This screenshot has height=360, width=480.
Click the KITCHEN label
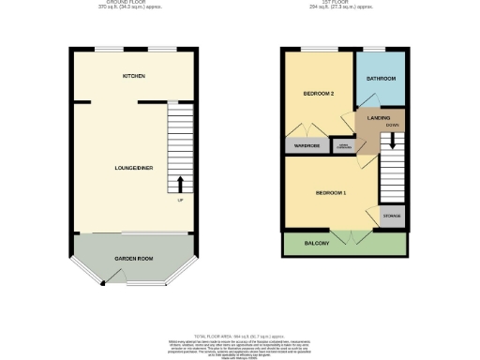[x=133, y=75]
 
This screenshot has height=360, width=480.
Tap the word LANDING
[x=380, y=117]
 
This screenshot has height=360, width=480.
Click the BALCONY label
[x=316, y=244]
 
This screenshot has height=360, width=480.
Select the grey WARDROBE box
[x=307, y=146]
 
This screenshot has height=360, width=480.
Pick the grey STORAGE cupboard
[x=392, y=217]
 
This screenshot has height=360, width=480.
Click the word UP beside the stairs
[x=180, y=199]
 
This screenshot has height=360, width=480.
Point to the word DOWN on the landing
[x=391, y=124]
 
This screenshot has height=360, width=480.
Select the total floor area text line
[x=239, y=335]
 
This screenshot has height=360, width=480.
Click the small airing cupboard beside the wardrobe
[x=344, y=146]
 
